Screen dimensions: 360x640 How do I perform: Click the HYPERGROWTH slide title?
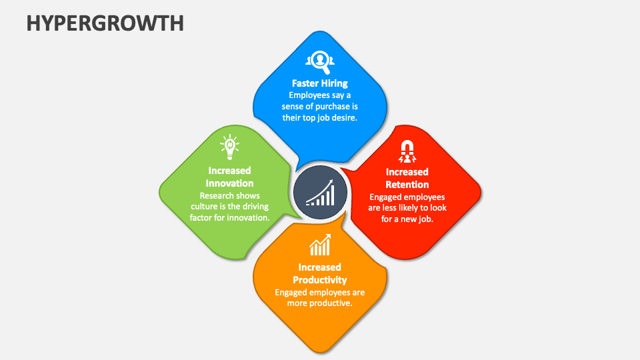105,22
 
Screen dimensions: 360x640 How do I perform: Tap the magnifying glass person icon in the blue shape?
319,61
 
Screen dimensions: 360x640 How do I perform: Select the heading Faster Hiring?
320,83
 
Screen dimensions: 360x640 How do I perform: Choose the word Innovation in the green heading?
229,183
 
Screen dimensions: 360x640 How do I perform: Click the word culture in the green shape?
204,207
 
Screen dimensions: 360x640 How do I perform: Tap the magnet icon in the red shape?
407,151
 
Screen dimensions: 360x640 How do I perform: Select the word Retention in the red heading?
407,184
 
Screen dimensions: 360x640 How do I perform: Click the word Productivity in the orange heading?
320,279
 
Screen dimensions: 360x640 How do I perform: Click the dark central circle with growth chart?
320,192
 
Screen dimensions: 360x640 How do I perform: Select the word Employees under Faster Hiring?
310,95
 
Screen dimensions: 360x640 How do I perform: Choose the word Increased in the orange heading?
320,267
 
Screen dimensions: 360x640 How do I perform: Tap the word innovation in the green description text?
247,217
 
